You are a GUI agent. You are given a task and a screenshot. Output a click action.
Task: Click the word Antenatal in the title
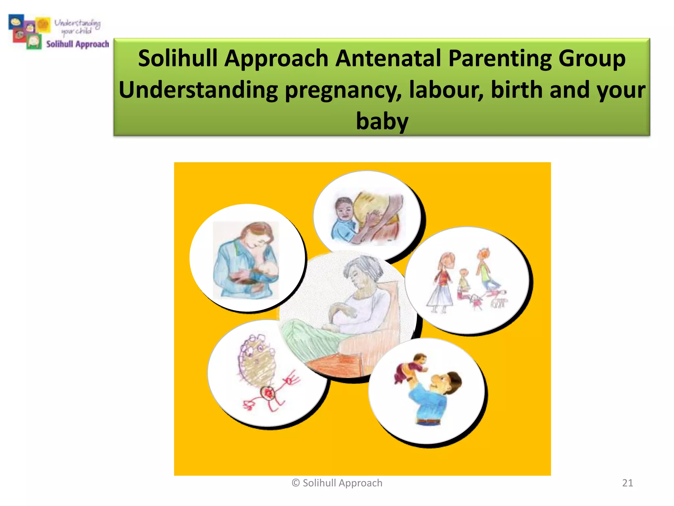point(389,59)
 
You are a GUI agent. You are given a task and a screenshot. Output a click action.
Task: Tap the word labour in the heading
point(446,90)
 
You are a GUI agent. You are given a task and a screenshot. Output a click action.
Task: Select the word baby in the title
point(382,121)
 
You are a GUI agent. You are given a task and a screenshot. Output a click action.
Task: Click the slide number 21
point(627,483)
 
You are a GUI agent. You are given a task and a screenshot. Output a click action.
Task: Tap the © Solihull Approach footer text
point(337,483)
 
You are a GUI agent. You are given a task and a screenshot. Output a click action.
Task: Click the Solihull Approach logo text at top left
point(78,44)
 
